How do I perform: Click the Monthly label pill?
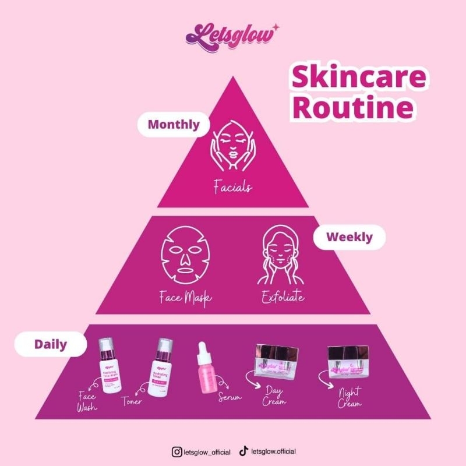point(174,124)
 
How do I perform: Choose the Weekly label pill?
point(349,237)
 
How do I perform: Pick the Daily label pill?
point(50,344)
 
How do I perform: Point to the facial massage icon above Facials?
point(232,146)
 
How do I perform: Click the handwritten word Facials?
point(232,187)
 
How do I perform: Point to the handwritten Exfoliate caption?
point(282,298)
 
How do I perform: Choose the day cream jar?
point(277,362)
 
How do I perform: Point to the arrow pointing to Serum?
point(223,385)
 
